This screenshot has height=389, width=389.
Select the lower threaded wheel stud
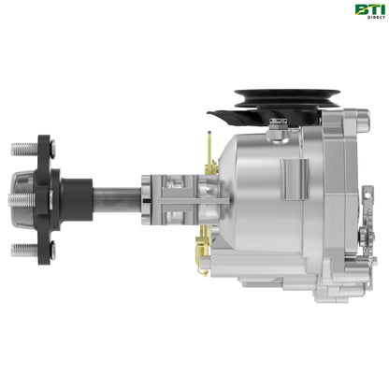[22, 250]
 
